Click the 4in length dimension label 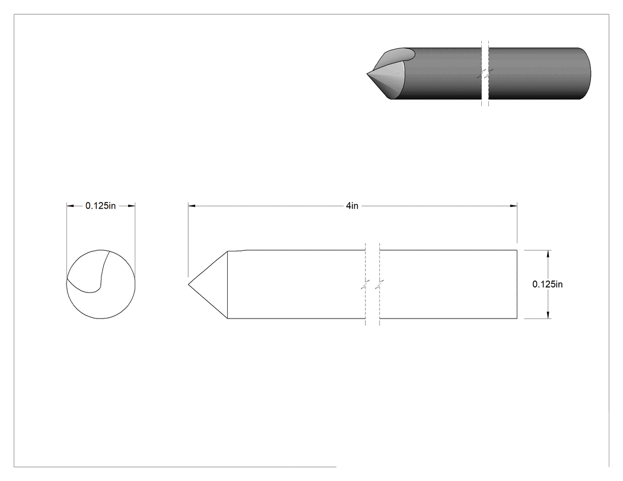(352, 206)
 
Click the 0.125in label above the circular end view (100, 206)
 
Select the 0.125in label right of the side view (548, 284)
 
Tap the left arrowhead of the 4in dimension (192, 206)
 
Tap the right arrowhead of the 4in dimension (514, 206)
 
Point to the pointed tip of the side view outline (188, 285)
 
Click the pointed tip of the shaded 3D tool (367, 74)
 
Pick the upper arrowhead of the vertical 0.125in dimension (549, 254)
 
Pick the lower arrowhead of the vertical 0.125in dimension (549, 315)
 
